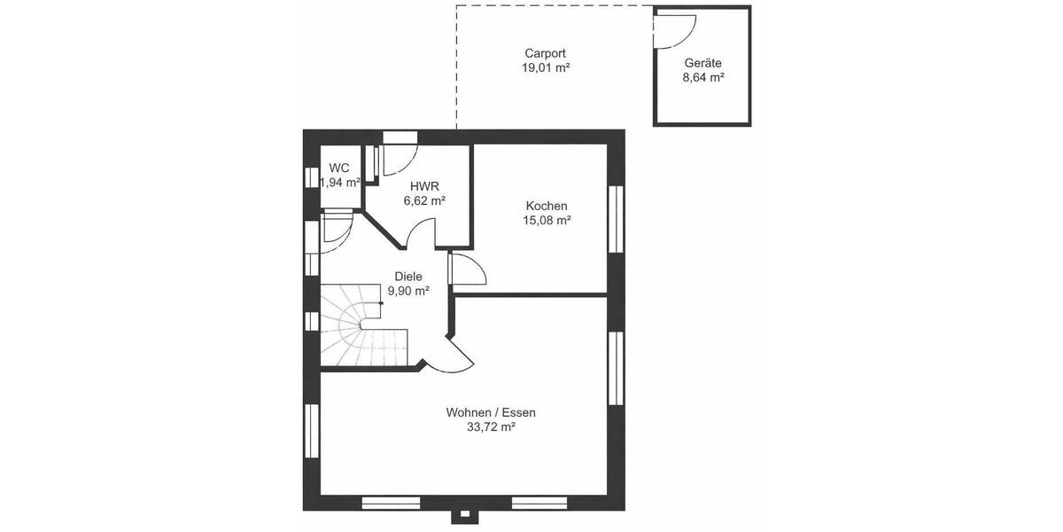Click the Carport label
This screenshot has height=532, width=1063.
[x=545, y=53]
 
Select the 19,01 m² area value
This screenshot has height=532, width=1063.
[x=545, y=67]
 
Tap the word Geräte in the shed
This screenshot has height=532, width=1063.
[x=702, y=63]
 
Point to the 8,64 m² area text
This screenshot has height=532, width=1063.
[x=702, y=77]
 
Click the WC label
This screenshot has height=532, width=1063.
[x=338, y=168]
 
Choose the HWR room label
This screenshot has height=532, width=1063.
[x=423, y=186]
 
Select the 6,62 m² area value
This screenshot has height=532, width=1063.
[x=423, y=200]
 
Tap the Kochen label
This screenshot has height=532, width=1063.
[x=545, y=206]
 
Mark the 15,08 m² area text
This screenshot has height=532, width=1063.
[x=545, y=220]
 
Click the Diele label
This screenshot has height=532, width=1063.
[x=407, y=276]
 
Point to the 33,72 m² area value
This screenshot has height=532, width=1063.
[x=491, y=426]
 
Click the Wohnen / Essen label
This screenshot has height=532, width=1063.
[x=491, y=412]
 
